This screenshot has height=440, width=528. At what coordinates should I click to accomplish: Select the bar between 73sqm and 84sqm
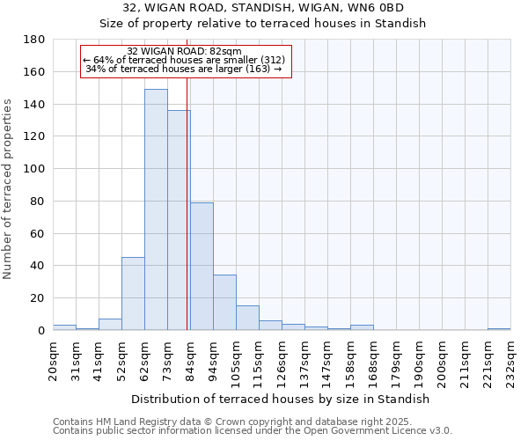tap(179, 220)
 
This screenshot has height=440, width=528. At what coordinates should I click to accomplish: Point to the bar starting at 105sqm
tap(247, 318)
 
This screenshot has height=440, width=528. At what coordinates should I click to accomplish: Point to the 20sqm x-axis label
tap(53, 356)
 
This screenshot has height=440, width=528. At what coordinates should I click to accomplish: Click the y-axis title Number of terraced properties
tap(8, 188)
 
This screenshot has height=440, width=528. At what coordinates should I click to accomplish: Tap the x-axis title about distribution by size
tap(282, 399)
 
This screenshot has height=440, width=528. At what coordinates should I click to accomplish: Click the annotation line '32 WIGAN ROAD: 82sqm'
tap(184, 51)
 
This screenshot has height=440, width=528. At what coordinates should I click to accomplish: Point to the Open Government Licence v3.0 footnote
tap(370, 431)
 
